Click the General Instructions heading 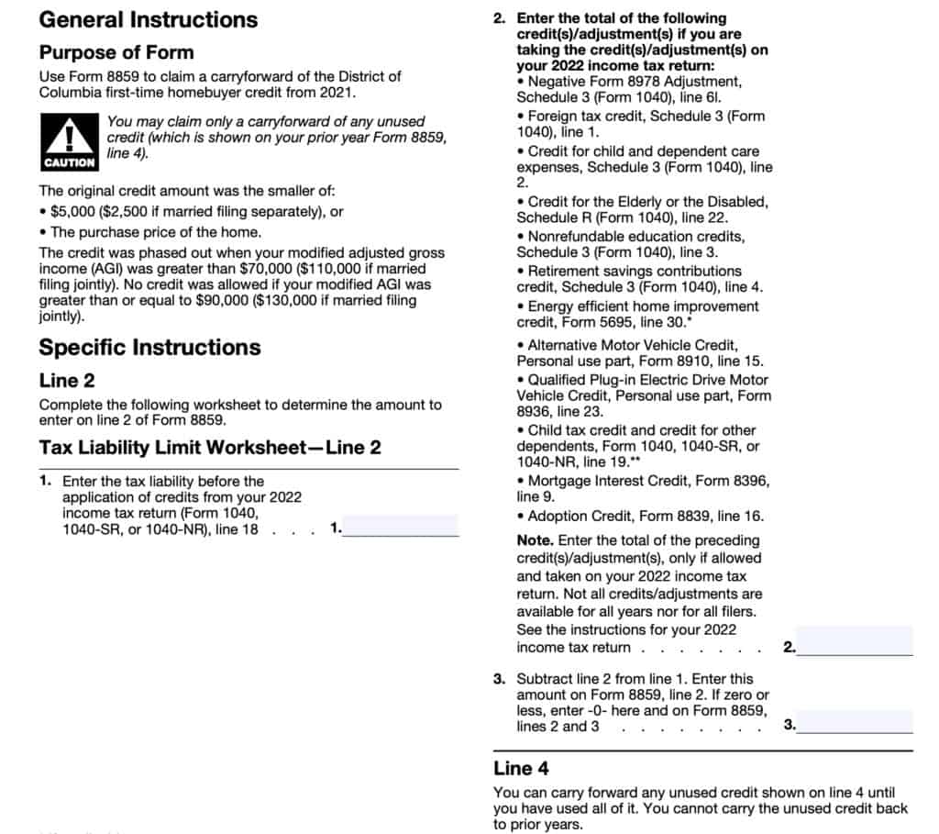tap(149, 19)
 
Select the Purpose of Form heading tap(116, 52)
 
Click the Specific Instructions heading tap(149, 348)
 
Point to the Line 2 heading tap(67, 381)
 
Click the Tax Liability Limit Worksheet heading tap(210, 448)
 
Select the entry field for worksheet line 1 tap(401, 527)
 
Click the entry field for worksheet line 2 tap(856, 642)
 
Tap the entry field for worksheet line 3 tap(856, 722)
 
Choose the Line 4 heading tap(521, 768)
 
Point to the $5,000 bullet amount tap(72, 212)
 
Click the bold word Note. tap(535, 540)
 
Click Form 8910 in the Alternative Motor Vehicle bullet tap(664, 361)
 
